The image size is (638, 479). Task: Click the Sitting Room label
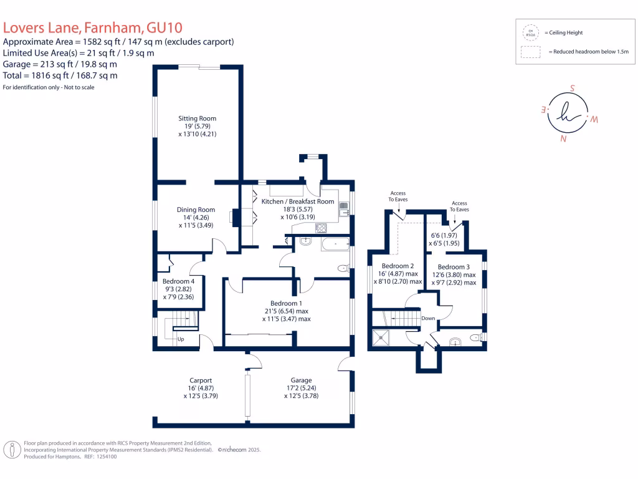197,119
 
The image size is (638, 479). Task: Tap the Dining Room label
196,210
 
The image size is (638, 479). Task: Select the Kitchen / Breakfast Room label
298,201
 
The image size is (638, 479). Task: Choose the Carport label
201,380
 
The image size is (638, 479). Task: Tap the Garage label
301,380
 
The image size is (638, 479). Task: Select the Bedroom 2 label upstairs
398,265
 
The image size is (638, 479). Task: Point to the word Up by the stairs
181,339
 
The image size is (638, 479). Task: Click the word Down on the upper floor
428,318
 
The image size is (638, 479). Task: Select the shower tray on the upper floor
381,338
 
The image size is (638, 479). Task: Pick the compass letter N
563,140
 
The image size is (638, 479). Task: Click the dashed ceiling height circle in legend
531,32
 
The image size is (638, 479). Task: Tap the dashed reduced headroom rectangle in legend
531,52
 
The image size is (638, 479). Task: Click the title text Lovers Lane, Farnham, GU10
93,27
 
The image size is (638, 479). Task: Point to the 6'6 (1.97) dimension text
445,236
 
